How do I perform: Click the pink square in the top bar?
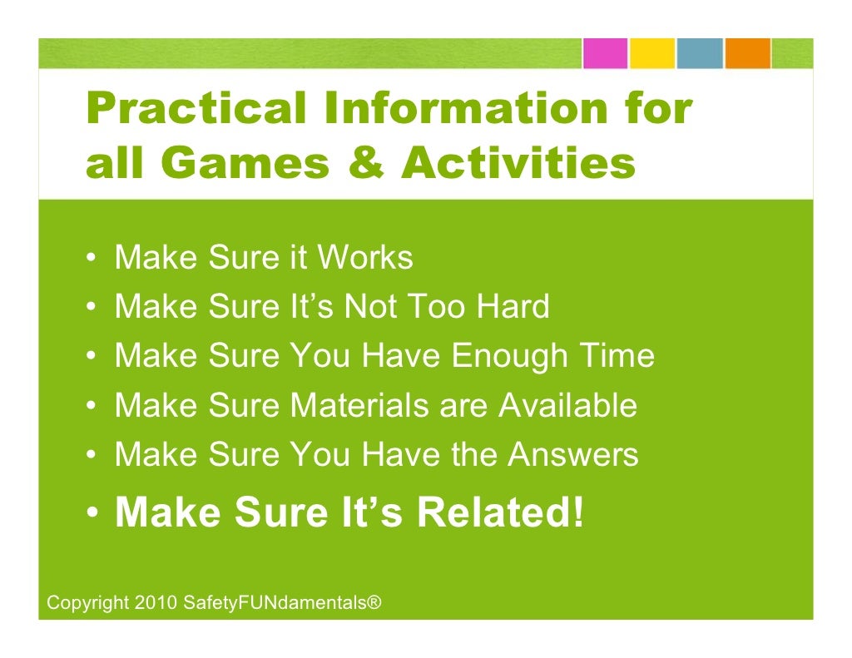[604, 53]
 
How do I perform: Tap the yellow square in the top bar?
[651, 53]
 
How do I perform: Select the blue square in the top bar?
[700, 53]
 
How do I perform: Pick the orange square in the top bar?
[747, 53]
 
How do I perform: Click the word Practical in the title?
[191, 109]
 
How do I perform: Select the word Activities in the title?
[518, 164]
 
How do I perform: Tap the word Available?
[567, 406]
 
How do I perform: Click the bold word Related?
[500, 513]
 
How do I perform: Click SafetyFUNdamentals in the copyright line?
[273, 602]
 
